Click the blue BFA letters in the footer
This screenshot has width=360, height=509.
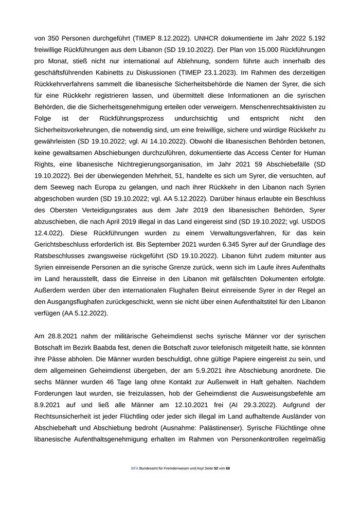(134, 469)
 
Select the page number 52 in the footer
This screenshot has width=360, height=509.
(216, 469)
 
